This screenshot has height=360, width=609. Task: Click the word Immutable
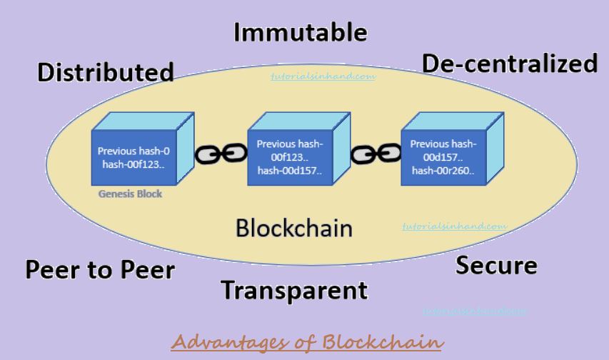301,33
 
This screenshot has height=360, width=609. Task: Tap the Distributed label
106,72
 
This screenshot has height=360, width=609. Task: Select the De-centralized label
510,64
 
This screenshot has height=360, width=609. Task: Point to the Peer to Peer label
100,269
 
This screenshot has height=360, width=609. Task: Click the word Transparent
293,291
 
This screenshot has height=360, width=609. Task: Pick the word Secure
496,266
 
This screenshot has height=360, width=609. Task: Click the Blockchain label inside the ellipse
294,229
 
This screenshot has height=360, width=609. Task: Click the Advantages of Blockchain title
307,341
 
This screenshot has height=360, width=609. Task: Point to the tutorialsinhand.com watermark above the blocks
323,75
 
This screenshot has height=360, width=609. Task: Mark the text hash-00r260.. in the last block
443,170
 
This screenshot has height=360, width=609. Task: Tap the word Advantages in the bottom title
230,341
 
